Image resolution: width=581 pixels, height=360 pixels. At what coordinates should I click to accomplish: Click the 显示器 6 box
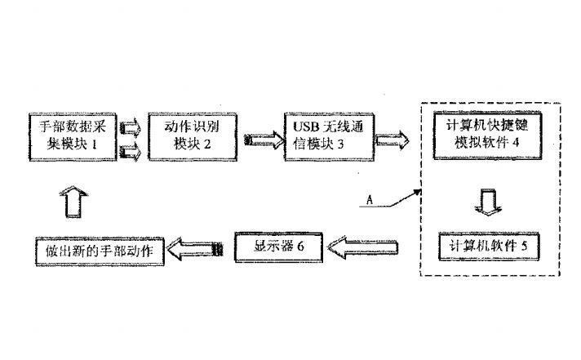pyautogui.click(x=278, y=247)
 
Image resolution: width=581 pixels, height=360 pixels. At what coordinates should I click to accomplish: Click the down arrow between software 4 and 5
pyautogui.click(x=487, y=201)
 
